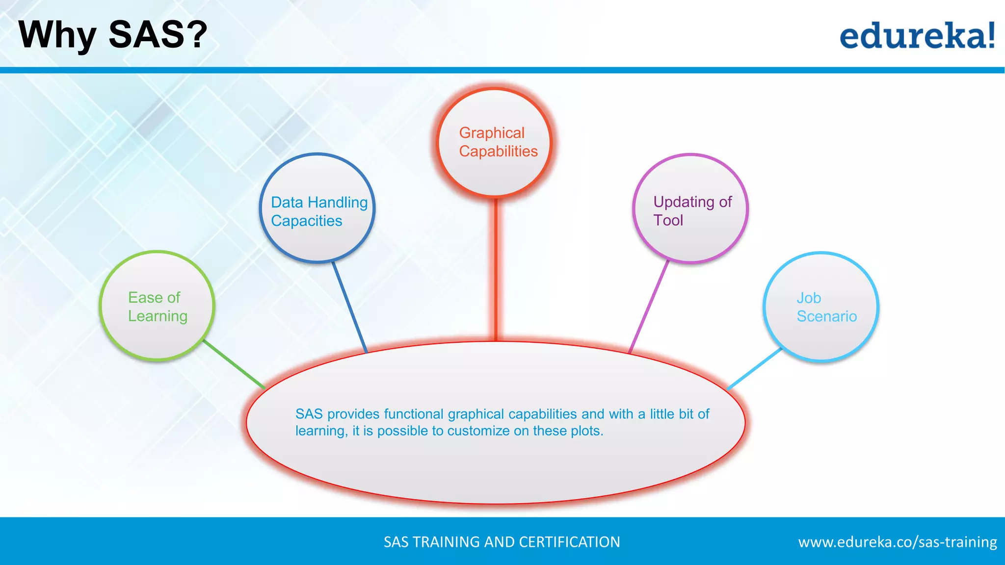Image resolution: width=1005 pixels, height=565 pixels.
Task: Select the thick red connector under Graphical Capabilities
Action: [496, 270]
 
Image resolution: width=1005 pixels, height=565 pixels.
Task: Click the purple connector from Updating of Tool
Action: [649, 307]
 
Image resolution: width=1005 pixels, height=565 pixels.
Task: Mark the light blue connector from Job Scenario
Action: [754, 369]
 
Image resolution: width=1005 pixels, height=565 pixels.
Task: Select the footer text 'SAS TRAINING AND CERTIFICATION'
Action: [502, 542]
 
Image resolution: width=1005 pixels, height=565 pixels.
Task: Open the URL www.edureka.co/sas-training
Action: [897, 542]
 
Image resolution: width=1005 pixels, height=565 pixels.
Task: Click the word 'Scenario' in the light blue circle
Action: [827, 316]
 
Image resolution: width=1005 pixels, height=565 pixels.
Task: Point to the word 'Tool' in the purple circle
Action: [668, 220]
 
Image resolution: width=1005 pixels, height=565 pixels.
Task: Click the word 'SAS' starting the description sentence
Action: [309, 414]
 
